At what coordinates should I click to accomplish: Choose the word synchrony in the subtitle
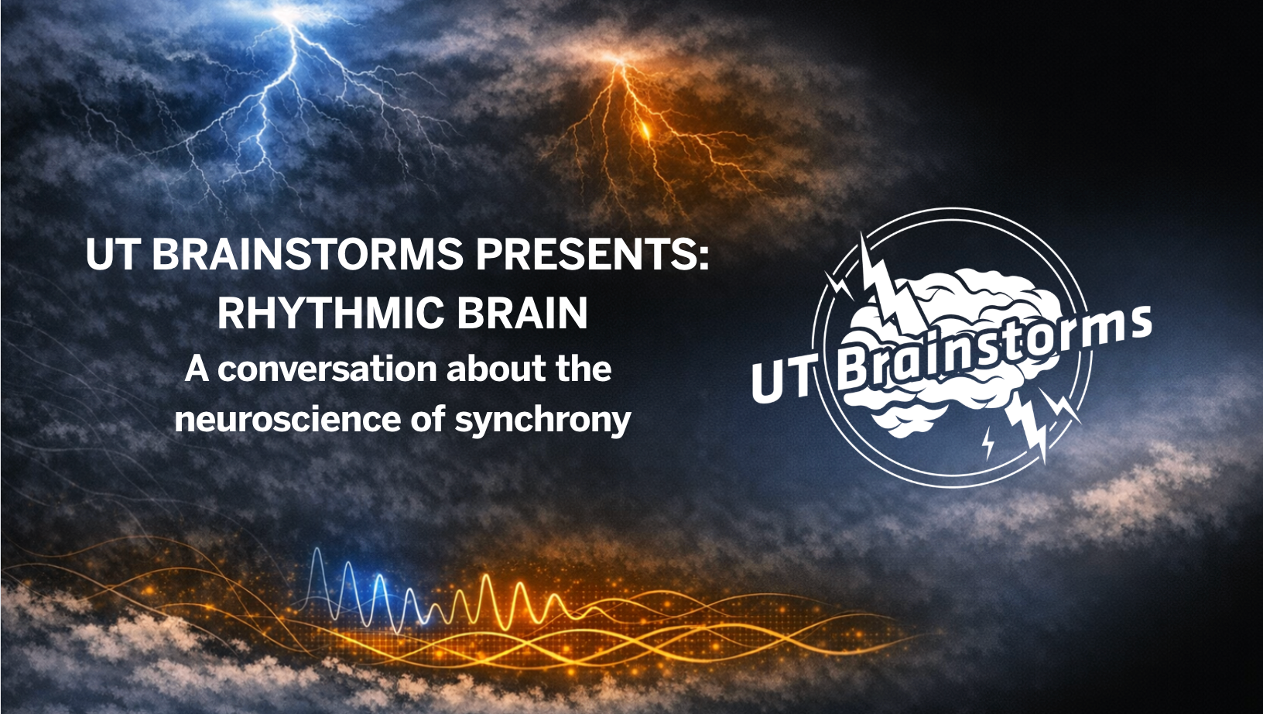tap(543, 421)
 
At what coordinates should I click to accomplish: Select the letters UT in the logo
tap(782, 379)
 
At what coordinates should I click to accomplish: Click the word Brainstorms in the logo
tap(994, 344)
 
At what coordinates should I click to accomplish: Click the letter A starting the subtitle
tap(197, 369)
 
